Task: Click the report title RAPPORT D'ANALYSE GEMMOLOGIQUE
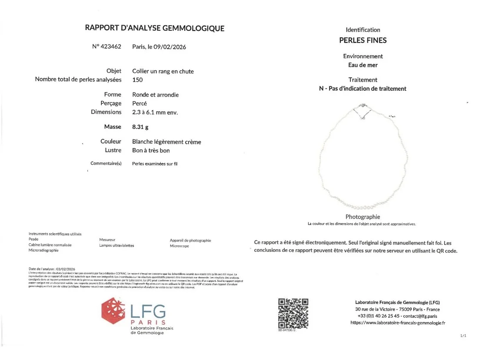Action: click(154, 29)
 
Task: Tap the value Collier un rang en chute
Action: click(163, 71)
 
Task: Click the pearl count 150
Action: click(137, 80)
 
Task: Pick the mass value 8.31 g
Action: click(140, 127)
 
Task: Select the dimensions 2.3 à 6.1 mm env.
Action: click(155, 112)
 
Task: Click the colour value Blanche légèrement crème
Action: click(166, 142)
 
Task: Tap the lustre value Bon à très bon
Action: click(151, 150)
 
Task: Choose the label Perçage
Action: click(111, 103)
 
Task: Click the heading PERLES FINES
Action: click(363, 40)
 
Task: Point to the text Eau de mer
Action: click(363, 65)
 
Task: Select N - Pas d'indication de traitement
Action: click(363, 89)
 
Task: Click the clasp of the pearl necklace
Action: click(363, 106)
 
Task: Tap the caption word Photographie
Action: click(363, 217)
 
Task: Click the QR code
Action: click(293, 313)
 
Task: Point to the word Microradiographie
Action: click(43, 250)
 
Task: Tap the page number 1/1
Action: click(462, 336)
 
